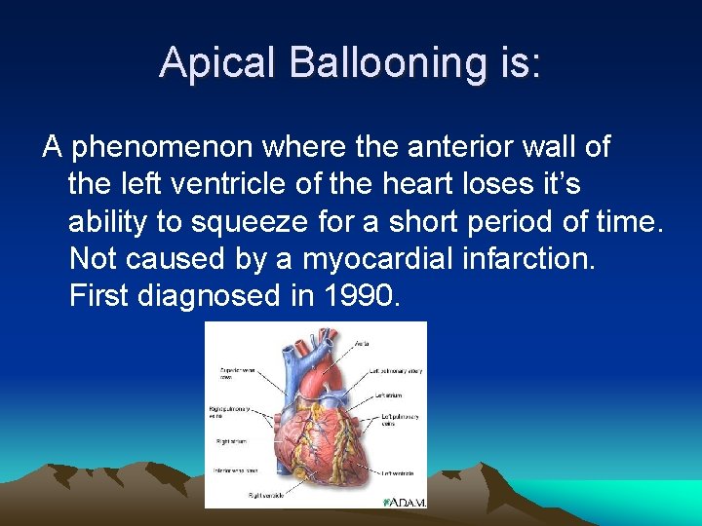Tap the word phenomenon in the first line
[x=161, y=148]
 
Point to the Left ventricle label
[x=398, y=473]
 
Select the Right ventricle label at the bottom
[x=266, y=495]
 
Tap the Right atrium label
[x=232, y=441]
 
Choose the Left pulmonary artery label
[x=395, y=371]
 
